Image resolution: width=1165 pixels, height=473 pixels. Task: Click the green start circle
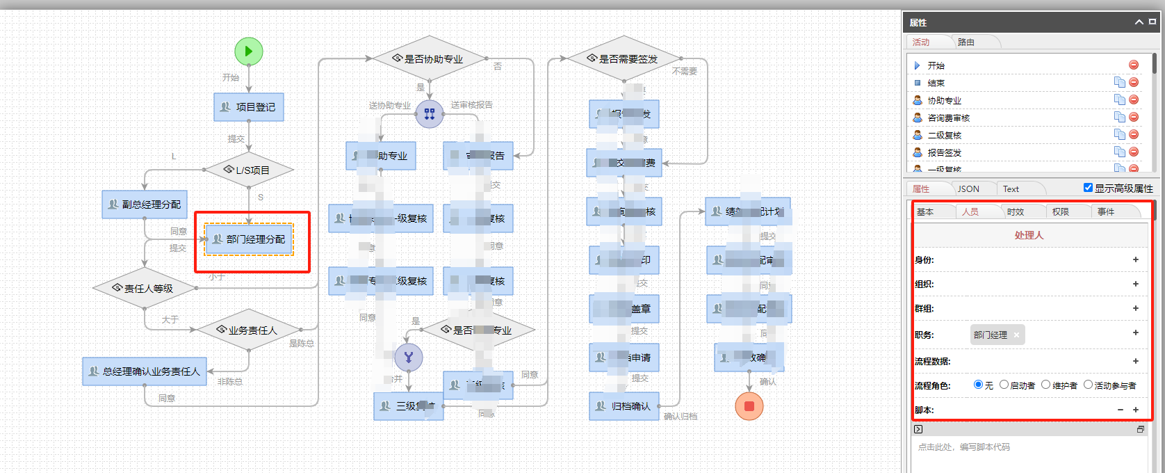[249, 51]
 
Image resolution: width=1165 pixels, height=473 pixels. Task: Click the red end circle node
[749, 406]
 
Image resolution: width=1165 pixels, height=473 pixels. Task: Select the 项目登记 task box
[249, 107]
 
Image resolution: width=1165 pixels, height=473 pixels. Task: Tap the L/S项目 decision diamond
[249, 170]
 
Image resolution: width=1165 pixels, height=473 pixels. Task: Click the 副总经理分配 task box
[145, 205]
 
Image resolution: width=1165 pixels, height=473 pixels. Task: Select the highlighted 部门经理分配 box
[250, 239]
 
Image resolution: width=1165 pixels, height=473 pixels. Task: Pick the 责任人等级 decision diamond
[145, 288]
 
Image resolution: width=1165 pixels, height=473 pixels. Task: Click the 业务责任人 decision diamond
[249, 330]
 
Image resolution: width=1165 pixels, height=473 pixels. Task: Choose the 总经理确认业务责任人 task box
[145, 371]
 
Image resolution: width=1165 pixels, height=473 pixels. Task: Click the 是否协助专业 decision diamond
[430, 59]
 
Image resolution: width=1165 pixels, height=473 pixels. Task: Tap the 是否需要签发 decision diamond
[624, 59]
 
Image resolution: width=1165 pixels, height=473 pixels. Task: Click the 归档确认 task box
[624, 406]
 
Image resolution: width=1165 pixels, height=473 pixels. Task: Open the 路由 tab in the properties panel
[966, 42]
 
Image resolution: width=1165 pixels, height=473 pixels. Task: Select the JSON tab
[968, 189]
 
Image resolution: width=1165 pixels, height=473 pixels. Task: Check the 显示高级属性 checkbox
[1088, 188]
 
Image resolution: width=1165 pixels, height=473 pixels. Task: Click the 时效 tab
[1016, 212]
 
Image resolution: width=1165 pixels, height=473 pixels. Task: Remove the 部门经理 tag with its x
[1016, 335]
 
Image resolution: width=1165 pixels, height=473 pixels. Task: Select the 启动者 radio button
[1004, 385]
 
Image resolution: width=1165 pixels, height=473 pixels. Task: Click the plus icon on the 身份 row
[1136, 259]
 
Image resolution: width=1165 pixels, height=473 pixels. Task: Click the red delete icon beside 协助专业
[1134, 100]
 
